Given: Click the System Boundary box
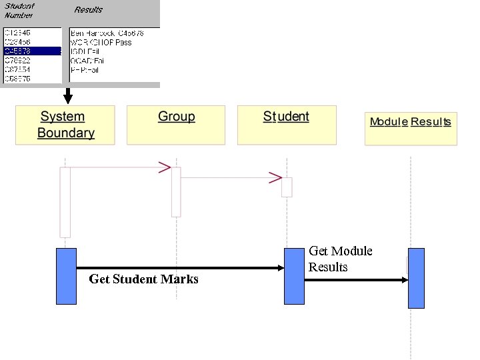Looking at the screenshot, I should click(x=65, y=125).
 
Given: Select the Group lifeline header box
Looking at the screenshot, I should click(x=176, y=125).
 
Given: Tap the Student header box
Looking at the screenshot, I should click(x=287, y=125).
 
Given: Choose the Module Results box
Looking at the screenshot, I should click(x=410, y=128).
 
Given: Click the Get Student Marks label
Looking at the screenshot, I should click(x=143, y=279).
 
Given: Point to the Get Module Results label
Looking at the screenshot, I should click(x=340, y=259).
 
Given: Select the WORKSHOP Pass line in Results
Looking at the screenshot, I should click(x=101, y=42).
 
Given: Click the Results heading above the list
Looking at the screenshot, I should click(x=88, y=10).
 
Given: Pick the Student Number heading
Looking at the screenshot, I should click(x=19, y=10).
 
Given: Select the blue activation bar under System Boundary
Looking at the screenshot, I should click(x=66, y=276).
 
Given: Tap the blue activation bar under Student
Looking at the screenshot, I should click(x=294, y=276).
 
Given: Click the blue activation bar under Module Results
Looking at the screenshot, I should click(x=416, y=278).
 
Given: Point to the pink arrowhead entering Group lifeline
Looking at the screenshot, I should click(x=164, y=167).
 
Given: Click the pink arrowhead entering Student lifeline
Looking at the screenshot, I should click(x=275, y=178).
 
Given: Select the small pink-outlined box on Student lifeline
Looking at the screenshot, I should click(x=287, y=187).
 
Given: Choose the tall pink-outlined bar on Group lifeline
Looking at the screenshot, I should click(x=176, y=192).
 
